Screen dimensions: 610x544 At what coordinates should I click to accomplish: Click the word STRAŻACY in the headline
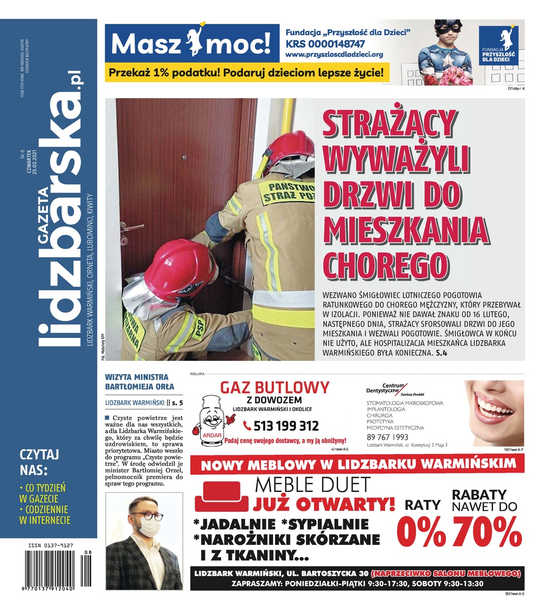point(389,124)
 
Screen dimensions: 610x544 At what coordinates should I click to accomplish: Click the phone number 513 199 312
point(280,426)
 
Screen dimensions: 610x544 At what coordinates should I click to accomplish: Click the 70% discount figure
point(487,532)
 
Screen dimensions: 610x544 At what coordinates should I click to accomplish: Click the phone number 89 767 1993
point(387,437)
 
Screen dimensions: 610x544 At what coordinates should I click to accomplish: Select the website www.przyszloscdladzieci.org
point(334,54)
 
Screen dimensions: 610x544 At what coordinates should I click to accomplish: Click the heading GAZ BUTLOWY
point(274,388)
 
